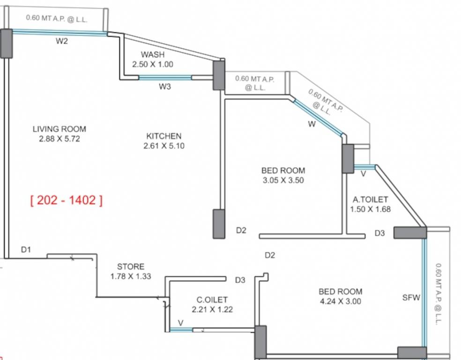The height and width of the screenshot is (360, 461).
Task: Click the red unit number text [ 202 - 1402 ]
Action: point(66,201)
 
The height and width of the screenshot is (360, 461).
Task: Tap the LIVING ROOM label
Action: point(59,129)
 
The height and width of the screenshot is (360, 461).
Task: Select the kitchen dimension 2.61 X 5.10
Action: point(164,146)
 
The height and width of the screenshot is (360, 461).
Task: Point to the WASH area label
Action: point(153,55)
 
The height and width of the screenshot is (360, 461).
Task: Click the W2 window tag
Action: point(62,41)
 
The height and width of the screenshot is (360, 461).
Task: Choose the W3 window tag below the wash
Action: point(164,86)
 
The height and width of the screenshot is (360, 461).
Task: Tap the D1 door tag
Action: point(26,250)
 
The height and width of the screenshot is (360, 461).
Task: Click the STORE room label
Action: point(131,267)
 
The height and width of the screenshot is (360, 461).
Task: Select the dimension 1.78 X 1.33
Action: point(131,277)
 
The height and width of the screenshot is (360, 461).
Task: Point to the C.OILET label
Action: point(212,300)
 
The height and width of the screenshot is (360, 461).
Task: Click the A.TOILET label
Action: point(370,200)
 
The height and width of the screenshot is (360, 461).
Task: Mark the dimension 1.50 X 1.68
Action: point(370,210)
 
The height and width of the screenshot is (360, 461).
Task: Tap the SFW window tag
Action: point(411,297)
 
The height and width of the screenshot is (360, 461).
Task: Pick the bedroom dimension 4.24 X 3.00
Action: point(340,301)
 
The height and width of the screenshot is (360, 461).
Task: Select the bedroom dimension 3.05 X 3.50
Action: point(283,180)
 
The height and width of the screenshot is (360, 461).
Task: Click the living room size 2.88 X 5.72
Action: point(59,139)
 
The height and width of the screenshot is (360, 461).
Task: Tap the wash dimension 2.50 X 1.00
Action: point(153,65)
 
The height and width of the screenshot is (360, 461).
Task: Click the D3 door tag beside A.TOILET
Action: point(379,233)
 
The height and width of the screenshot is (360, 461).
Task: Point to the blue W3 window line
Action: point(165,78)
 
